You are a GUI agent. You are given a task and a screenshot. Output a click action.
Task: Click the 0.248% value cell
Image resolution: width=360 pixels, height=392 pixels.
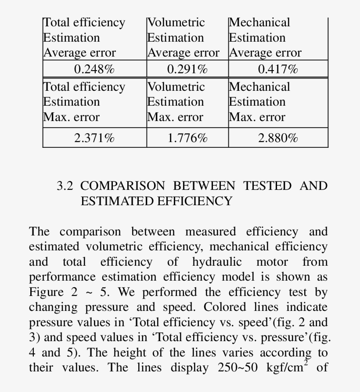94,69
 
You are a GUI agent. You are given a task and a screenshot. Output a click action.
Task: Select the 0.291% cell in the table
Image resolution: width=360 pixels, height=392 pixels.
187,69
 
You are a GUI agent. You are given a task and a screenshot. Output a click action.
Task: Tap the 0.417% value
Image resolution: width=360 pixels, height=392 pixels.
278,69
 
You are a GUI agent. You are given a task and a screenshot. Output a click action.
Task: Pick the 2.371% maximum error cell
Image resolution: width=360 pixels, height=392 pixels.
94,138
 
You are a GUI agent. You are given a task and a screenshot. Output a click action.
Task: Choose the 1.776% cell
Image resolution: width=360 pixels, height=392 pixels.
187,138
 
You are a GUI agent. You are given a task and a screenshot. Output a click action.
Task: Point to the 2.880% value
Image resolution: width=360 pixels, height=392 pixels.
278,138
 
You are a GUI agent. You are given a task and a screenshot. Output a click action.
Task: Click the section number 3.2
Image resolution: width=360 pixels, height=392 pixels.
65,186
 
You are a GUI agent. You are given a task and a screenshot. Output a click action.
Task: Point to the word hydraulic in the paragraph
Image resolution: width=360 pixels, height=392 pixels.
217,262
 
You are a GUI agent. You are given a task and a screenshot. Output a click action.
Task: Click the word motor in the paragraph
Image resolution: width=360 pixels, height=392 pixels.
272,262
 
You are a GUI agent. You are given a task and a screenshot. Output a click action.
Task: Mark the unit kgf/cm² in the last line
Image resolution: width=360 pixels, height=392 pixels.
285,367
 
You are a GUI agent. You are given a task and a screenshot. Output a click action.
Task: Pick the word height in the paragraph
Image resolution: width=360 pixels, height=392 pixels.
130,353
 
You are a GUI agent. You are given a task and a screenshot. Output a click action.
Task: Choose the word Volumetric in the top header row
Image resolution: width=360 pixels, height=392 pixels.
176,22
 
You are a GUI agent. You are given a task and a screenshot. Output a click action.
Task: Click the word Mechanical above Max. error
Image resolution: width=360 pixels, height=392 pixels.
259,87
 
